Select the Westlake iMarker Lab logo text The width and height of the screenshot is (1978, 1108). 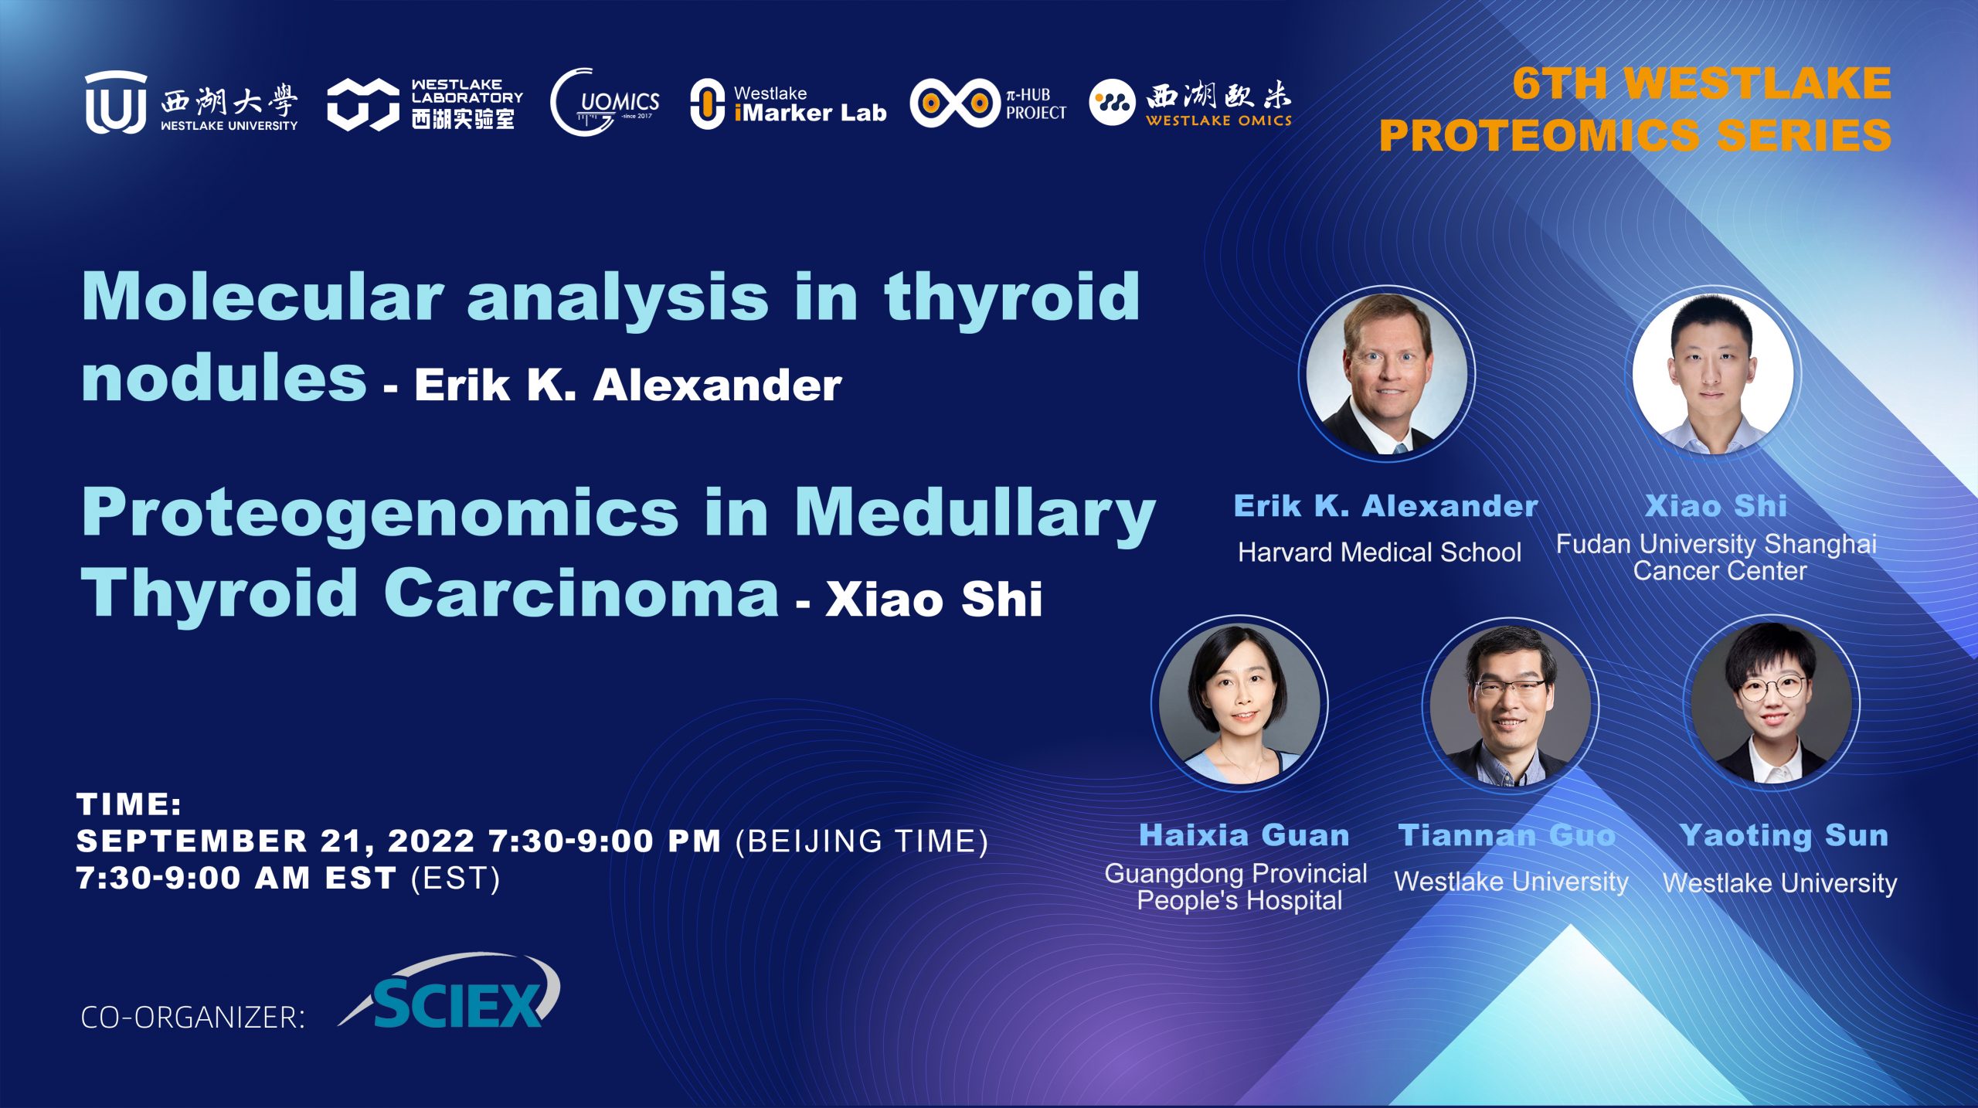click(809, 104)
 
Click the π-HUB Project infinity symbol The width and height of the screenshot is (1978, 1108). click(955, 103)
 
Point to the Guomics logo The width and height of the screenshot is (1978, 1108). click(605, 102)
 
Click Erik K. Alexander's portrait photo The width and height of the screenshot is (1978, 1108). click(1387, 374)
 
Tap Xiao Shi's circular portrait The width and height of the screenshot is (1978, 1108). click(1713, 374)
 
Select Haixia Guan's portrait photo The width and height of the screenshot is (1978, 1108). click(1240, 703)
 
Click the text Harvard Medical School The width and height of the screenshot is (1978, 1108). click(1379, 552)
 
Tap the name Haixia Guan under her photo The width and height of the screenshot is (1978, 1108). click(1244, 835)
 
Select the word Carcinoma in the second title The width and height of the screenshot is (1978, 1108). click(582, 593)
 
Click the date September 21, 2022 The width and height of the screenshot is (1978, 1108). click(276, 841)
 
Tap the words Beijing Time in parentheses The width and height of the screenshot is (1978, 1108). click(862, 841)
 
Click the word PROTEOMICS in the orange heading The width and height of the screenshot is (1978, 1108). click(1539, 135)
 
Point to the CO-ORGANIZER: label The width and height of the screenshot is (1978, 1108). click(193, 1018)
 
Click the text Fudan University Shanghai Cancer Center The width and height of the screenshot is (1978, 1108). click(1716, 557)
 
